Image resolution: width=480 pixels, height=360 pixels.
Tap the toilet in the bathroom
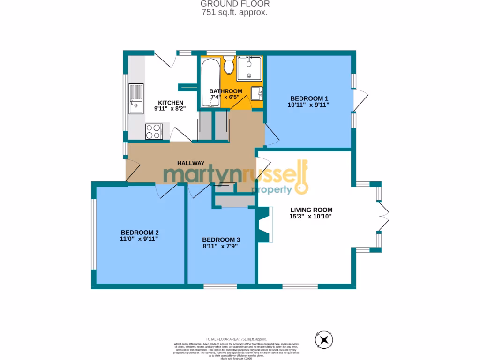229,66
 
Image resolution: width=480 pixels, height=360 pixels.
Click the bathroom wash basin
257,93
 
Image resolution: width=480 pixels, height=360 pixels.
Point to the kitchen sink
136,99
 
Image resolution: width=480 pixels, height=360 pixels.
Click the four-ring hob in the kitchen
154,131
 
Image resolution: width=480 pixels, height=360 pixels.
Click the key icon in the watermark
300,178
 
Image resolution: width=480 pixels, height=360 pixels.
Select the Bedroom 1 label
309,98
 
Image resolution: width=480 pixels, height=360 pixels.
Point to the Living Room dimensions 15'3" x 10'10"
311,217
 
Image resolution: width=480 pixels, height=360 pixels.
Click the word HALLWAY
191,163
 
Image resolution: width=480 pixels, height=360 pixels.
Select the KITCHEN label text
170,103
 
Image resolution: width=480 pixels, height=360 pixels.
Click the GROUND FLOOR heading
235,4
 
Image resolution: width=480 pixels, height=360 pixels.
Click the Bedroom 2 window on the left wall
94,235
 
